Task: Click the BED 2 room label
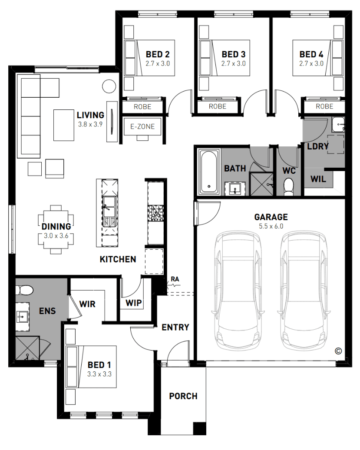tap(158, 54)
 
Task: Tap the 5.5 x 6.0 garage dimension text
tap(271, 226)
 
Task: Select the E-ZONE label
tap(142, 126)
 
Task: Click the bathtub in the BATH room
tap(209, 172)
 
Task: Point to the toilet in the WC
tap(288, 186)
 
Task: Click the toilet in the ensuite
tap(24, 290)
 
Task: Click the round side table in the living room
tap(109, 86)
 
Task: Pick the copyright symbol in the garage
tap(338, 351)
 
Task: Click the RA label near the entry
tap(175, 279)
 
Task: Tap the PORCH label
tap(183, 396)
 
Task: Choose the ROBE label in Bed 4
tap(324, 106)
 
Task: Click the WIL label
tap(318, 179)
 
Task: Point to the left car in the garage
tap(238, 290)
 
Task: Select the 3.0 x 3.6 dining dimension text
tap(56, 236)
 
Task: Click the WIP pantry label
tap(134, 303)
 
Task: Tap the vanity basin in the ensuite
tap(21, 317)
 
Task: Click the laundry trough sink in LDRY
tap(338, 125)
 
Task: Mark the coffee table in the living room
tap(64, 125)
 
